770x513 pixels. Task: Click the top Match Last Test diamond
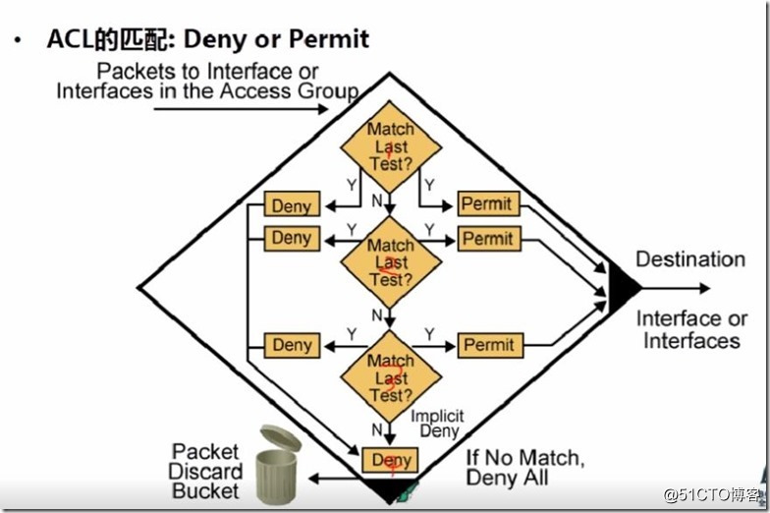pyautogui.click(x=391, y=146)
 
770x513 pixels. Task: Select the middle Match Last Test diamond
pyautogui.click(x=391, y=261)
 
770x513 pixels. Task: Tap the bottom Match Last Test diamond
pyautogui.click(x=391, y=377)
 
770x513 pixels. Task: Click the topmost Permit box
pyautogui.click(x=488, y=204)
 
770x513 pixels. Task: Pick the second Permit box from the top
pyautogui.click(x=488, y=239)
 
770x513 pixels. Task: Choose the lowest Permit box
pyautogui.click(x=488, y=345)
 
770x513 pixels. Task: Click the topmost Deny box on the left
pyautogui.click(x=291, y=205)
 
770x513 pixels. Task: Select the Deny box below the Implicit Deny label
pyautogui.click(x=391, y=460)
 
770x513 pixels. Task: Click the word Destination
pyautogui.click(x=690, y=259)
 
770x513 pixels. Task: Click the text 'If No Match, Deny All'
pyautogui.click(x=524, y=468)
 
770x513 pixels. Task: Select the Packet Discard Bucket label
pyautogui.click(x=205, y=471)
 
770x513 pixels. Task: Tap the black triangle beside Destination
pyautogui.click(x=622, y=288)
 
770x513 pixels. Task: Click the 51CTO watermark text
pyautogui.click(x=713, y=494)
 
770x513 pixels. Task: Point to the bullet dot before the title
pyautogui.click(x=17, y=40)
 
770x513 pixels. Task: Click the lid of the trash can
pyautogui.click(x=281, y=438)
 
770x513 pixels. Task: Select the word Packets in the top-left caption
pyautogui.click(x=131, y=72)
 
